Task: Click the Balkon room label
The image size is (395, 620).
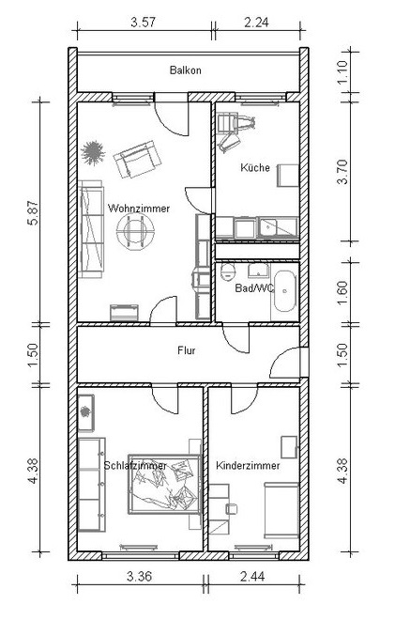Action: coord(185,70)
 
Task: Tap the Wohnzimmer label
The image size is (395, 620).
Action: coord(139,209)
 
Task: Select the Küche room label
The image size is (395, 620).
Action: coord(255,167)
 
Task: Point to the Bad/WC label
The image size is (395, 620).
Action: coord(254,287)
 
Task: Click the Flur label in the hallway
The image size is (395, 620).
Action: coord(187,350)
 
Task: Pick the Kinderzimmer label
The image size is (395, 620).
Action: coord(248,465)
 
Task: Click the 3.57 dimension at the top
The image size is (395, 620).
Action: coord(143,23)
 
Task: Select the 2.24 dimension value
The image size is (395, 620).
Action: coord(257,23)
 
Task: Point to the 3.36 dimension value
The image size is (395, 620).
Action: coord(139,576)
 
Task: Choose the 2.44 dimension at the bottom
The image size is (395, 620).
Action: coord(252,576)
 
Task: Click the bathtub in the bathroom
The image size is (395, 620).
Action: coord(285,291)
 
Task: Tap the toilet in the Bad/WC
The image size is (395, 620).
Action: coord(227,271)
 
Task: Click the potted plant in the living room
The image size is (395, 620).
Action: coord(93,152)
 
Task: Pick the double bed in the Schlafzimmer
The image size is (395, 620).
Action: coord(164,484)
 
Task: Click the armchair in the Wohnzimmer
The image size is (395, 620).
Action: coord(137,160)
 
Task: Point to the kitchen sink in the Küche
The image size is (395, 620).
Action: coord(278,227)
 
